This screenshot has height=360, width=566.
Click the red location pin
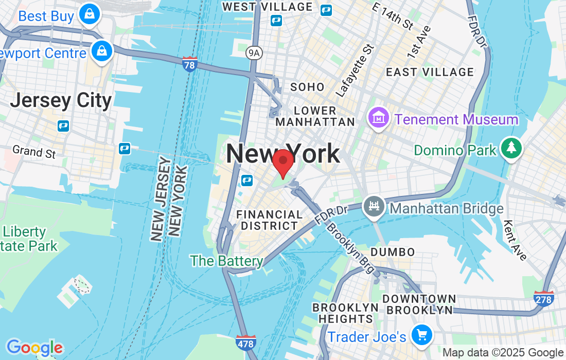point(282,163)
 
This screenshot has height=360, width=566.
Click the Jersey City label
point(61,100)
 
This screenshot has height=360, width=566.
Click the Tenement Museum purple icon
point(378,118)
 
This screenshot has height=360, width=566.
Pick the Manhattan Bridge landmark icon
point(374,207)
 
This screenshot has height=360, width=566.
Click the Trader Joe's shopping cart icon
point(422,335)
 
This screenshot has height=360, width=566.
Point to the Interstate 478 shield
point(245,341)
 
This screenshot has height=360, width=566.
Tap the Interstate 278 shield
point(544,298)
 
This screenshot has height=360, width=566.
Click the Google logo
point(34,348)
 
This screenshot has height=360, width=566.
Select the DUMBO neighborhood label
point(393,252)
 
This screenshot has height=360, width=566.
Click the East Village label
point(430,72)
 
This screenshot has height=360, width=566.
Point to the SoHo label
point(307,87)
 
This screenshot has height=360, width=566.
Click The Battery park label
point(227,261)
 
